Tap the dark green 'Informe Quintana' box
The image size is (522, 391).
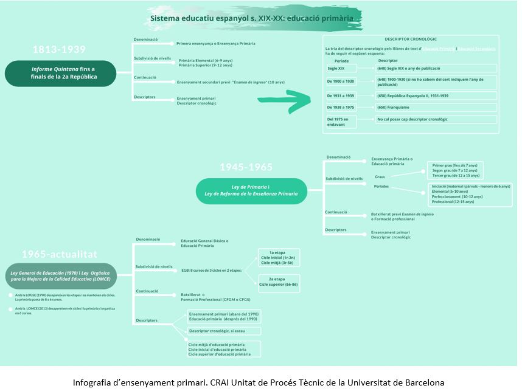pos(60,73)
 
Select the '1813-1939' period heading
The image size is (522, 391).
pos(59,49)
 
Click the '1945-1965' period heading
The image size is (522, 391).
pos(246,167)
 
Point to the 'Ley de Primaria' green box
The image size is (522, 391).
pos(251,190)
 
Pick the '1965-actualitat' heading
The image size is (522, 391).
pos(58,254)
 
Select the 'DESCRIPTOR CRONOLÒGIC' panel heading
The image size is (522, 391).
pos(411,39)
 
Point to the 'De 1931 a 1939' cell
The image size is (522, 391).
pos(341,95)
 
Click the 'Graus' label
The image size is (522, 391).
pos(380,176)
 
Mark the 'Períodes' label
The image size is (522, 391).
pos(381,187)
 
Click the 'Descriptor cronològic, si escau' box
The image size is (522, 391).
pos(224,331)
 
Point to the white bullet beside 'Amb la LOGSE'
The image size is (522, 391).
pos(10,296)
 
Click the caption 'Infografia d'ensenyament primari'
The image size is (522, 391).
pos(259,382)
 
